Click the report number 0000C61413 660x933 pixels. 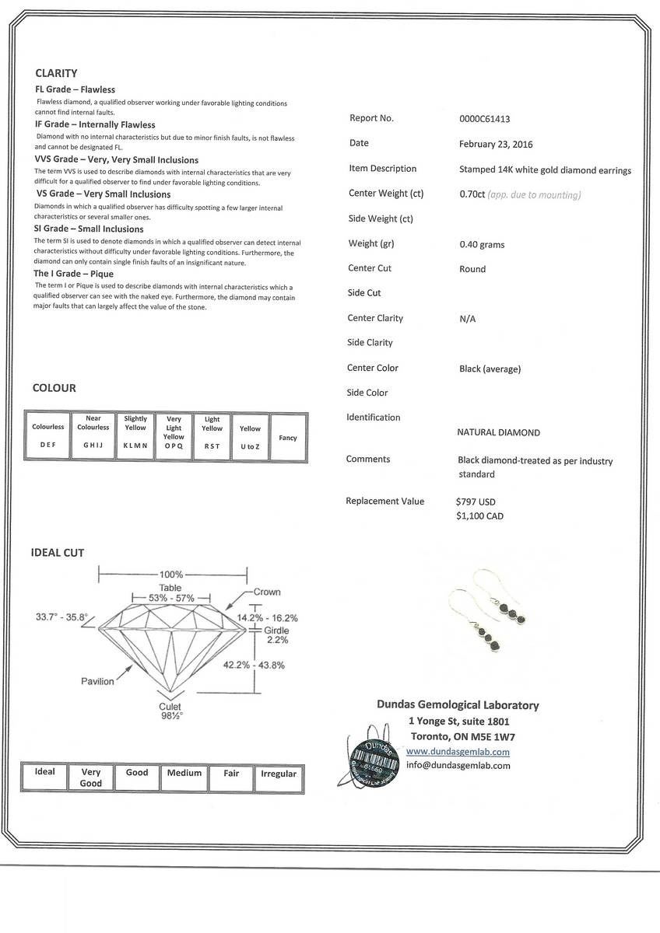[485, 119]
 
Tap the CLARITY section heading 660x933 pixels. [56, 73]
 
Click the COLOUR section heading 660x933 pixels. [54, 388]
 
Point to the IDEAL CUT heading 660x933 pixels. [58, 553]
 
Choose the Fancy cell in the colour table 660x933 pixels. [288, 438]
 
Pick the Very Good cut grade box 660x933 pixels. [91, 777]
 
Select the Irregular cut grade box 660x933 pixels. [279, 774]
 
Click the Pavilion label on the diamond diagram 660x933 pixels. [97, 681]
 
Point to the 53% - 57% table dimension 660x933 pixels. [172, 598]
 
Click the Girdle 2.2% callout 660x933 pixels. [277, 635]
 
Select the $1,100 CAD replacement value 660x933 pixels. [479, 515]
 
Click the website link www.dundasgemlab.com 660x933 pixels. [458, 752]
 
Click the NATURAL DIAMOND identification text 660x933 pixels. [498, 432]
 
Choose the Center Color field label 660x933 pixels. [373, 368]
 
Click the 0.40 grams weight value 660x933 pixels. [482, 245]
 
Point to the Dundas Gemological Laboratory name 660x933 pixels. [458, 705]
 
